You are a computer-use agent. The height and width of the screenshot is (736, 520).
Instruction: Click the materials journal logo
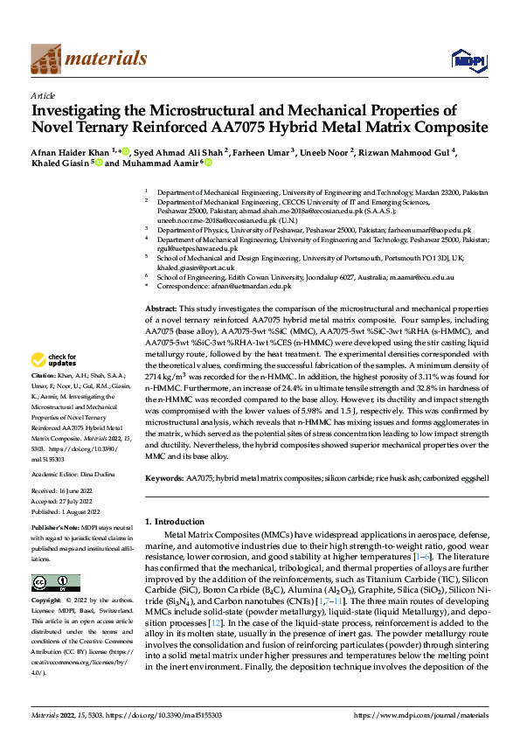point(88,59)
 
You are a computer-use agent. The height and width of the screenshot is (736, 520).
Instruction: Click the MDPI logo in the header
point(463,59)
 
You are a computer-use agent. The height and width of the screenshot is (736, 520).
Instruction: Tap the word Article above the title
point(43,95)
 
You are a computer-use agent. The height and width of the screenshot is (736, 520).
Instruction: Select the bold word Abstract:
point(161,309)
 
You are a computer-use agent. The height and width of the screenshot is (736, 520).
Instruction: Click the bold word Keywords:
point(163,478)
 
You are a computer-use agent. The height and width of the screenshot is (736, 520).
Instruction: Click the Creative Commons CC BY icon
point(55,582)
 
